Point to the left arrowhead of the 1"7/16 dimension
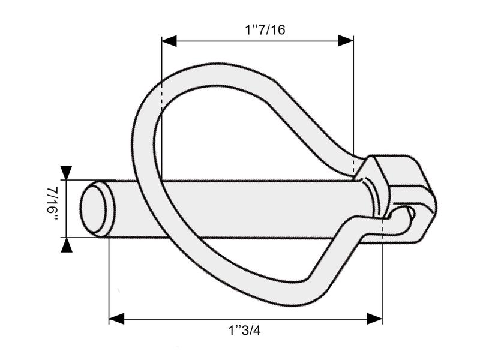click(170, 40)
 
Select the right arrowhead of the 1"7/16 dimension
click(346, 40)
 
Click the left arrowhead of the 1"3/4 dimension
click(116, 318)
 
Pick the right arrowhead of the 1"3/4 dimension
click(375, 318)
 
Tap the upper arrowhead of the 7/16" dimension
click(66, 173)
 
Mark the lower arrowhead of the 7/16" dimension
click(66, 244)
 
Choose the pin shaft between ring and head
click(270, 207)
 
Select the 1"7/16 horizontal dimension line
click(258, 40)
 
